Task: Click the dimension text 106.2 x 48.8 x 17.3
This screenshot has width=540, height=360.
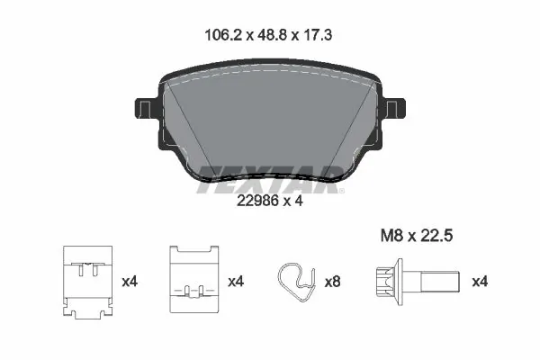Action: (269, 37)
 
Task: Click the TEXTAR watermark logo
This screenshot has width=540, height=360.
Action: (270, 175)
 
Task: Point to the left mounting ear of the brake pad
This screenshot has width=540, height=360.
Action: (144, 113)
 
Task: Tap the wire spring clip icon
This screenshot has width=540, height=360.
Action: (294, 281)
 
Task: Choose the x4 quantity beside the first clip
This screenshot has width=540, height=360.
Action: (131, 282)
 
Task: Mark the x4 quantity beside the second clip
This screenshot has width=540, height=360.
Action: (236, 282)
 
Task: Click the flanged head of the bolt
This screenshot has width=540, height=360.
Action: (386, 281)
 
